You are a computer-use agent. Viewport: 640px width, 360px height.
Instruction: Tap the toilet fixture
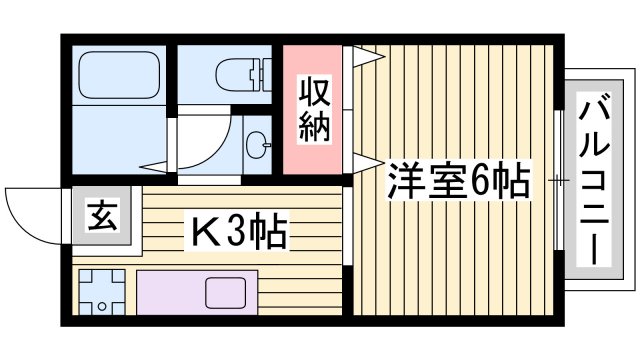238,73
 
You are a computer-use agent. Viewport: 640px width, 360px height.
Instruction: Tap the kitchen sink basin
222,293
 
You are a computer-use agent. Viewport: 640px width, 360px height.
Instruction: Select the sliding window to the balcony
556,180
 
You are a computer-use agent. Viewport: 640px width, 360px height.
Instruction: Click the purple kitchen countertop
170,293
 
